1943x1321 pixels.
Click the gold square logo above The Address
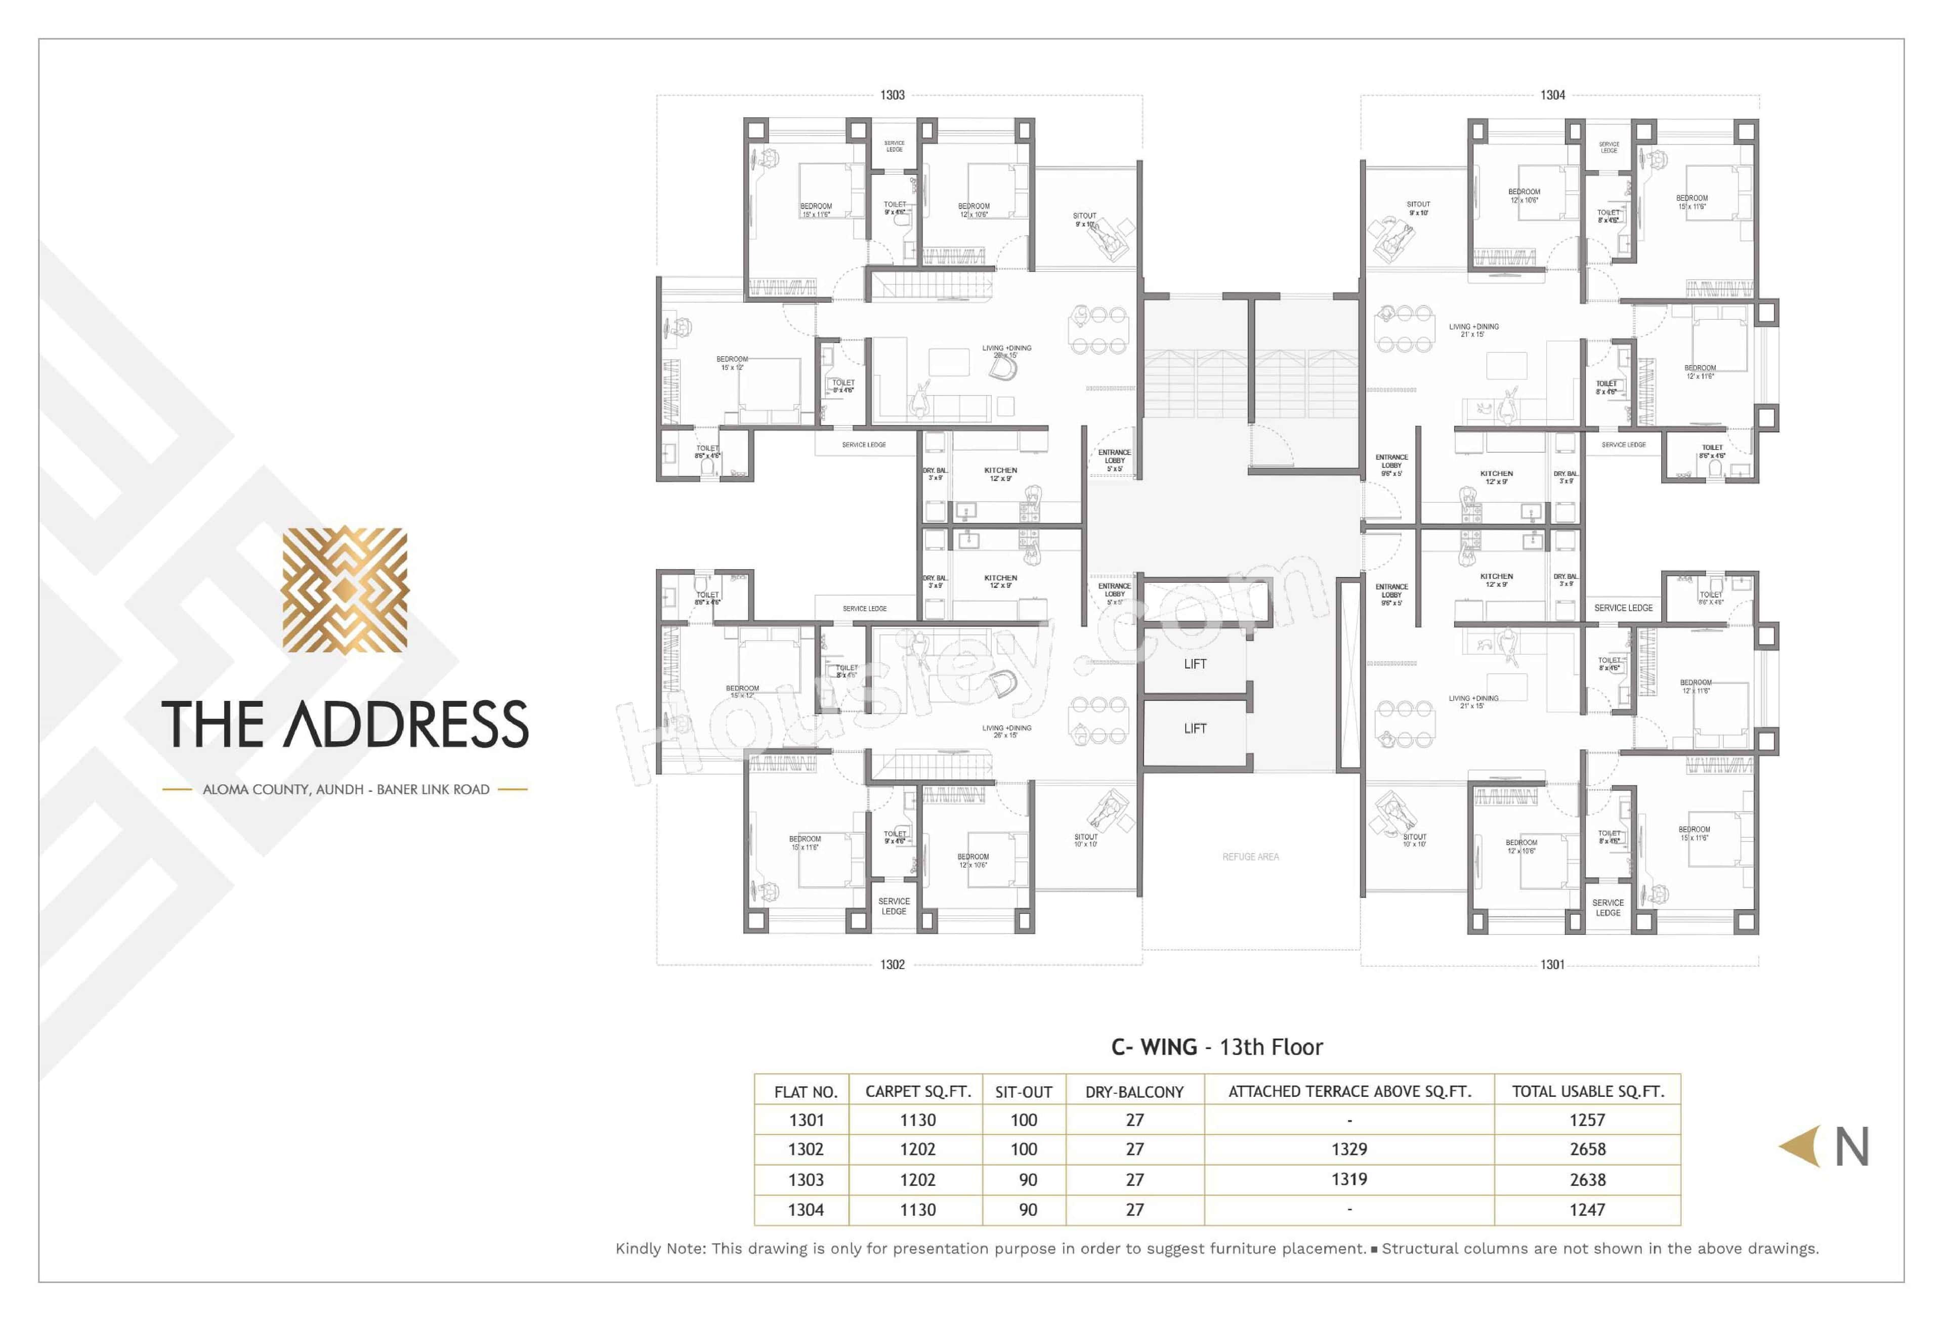tap(345, 589)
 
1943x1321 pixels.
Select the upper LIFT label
tap(1195, 664)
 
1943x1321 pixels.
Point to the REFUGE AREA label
tap(1250, 857)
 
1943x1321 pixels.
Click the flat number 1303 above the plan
tap(892, 95)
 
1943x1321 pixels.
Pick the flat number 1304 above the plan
tap(1552, 95)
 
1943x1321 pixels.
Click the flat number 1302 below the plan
tap(892, 965)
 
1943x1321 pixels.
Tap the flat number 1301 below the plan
tap(1552, 965)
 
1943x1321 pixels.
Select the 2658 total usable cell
tap(1587, 1149)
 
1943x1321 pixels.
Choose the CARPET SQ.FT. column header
tap(917, 1092)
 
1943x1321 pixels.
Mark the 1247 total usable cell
tap(1587, 1210)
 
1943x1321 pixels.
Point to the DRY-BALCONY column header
tap(1134, 1092)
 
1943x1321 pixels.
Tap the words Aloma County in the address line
tap(256, 789)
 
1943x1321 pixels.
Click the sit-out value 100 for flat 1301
tap(1023, 1120)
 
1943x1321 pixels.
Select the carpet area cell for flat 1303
tap(917, 1180)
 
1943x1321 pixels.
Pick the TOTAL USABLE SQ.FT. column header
tap(1587, 1092)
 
